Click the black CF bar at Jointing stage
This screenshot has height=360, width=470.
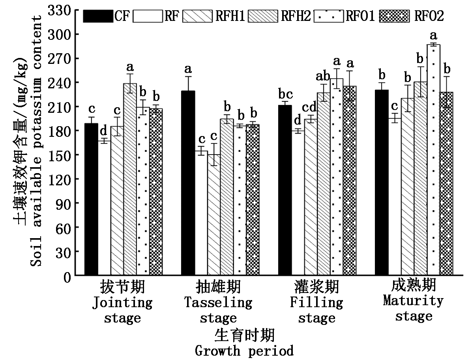91,199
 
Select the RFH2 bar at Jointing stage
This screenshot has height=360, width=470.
130,179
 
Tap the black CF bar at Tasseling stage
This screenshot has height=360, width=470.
188,183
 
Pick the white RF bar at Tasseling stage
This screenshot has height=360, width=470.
201,213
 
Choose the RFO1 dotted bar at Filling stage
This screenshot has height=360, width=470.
337,177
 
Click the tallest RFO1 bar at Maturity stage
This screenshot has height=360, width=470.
433,160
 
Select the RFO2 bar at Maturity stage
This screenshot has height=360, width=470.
446,184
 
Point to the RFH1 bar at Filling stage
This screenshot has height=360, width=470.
311,197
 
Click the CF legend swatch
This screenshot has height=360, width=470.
98,16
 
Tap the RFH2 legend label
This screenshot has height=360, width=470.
296,16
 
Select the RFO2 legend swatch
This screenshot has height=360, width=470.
394,16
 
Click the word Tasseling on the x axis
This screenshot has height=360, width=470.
218,303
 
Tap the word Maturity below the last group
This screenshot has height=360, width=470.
413,301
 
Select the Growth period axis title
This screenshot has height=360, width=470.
244,351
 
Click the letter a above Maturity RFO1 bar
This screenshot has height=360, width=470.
433,36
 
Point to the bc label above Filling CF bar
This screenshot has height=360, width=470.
285,94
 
